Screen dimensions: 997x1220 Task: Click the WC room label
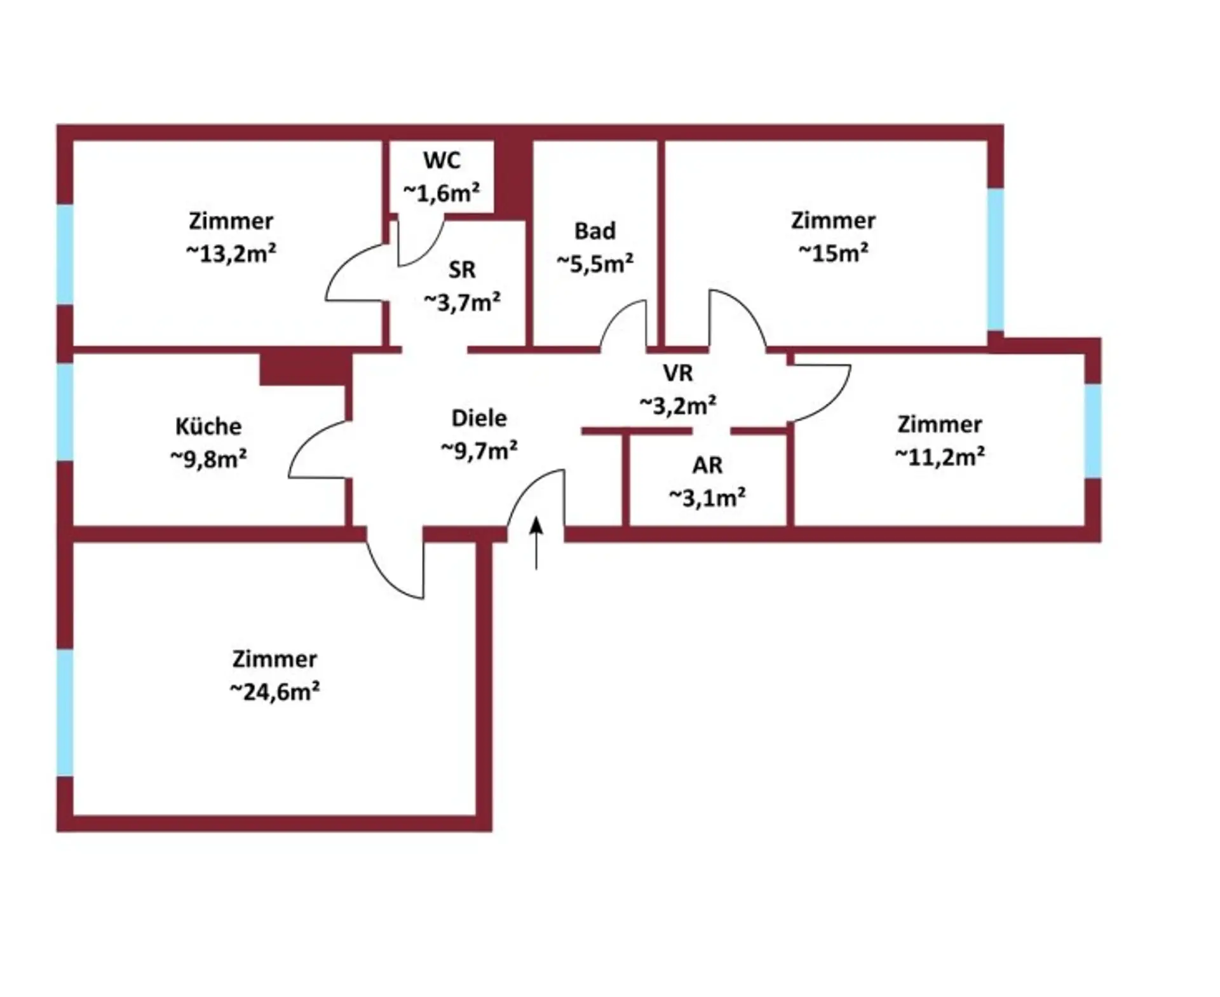[442, 160]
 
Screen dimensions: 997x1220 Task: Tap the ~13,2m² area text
[231, 254]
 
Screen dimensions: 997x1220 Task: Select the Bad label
[595, 231]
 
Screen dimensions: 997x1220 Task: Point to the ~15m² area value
[833, 253]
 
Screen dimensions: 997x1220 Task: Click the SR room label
[462, 270]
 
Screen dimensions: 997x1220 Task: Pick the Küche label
[208, 426]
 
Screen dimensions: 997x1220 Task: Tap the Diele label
[479, 418]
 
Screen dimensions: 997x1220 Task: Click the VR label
[678, 373]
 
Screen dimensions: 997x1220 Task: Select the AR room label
[707, 465]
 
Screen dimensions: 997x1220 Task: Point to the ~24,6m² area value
[274, 691]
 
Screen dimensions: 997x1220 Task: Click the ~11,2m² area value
[940, 456]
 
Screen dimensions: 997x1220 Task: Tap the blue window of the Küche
[65, 411]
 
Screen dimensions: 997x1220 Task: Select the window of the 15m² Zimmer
[995, 259]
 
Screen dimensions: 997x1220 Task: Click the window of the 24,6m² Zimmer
[65, 712]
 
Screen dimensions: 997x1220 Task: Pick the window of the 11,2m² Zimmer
[1092, 431]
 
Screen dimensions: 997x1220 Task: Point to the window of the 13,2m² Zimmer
[65, 254]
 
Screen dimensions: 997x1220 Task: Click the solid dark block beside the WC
[513, 178]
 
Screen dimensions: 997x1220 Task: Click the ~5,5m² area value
[595, 263]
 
